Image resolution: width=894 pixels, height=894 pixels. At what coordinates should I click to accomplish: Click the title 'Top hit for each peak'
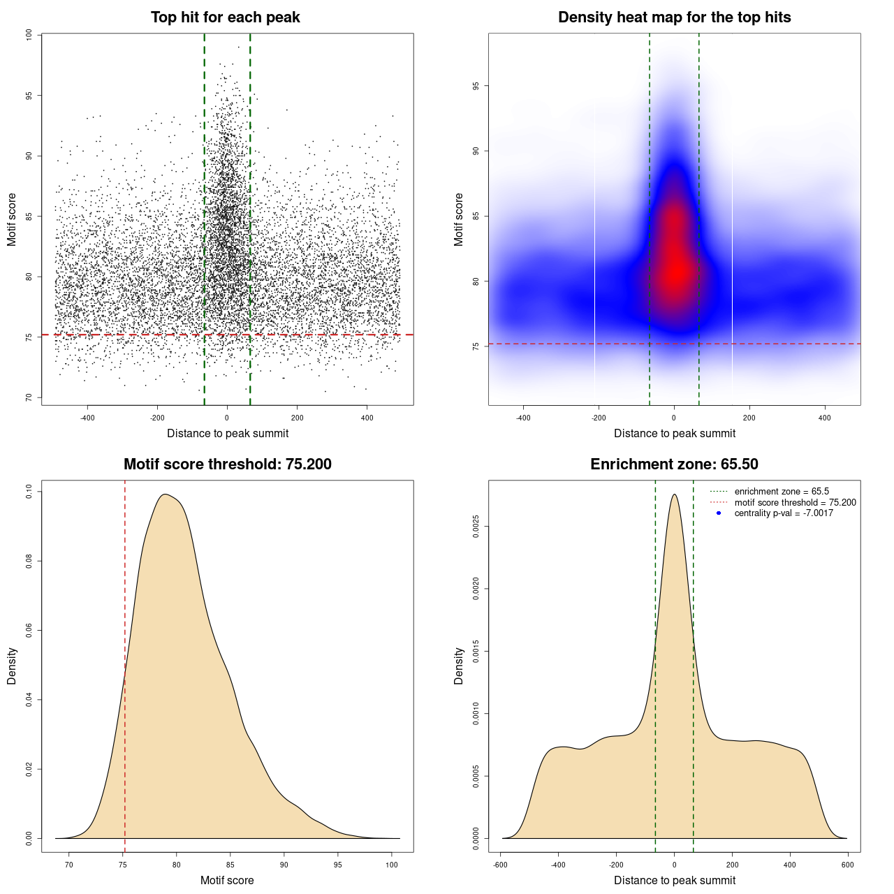226,17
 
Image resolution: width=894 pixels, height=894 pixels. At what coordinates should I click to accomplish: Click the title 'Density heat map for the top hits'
674,17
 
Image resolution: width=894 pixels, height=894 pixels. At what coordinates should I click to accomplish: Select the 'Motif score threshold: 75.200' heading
227,464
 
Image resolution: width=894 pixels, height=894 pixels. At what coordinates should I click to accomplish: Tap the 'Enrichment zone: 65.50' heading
674,464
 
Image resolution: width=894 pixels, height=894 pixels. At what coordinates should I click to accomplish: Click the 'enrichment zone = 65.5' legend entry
782,492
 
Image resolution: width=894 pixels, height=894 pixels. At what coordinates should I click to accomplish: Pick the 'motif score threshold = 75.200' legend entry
795,502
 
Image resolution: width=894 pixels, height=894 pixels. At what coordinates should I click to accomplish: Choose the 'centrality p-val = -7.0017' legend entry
784,513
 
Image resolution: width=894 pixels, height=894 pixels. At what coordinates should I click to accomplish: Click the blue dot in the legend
719,513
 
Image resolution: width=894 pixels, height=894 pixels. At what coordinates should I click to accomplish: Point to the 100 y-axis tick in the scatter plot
29,35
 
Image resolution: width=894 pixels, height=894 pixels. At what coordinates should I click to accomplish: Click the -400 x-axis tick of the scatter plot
87,418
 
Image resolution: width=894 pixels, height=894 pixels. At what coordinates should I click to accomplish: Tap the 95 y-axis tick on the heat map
476,86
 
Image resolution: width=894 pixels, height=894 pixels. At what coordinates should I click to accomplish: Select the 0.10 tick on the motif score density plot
29,492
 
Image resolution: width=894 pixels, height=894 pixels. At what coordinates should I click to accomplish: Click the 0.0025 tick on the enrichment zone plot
476,526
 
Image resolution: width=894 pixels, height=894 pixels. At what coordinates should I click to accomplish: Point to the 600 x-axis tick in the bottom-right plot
848,865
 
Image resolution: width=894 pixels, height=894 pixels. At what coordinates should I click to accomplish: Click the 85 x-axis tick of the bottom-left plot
230,865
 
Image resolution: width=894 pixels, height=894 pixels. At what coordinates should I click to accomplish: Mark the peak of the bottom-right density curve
674,494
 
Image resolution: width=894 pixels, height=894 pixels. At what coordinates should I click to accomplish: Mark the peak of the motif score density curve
166,494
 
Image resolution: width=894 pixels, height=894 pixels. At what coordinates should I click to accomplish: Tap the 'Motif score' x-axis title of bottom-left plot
227,880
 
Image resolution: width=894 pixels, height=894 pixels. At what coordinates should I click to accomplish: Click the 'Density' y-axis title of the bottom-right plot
459,666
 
